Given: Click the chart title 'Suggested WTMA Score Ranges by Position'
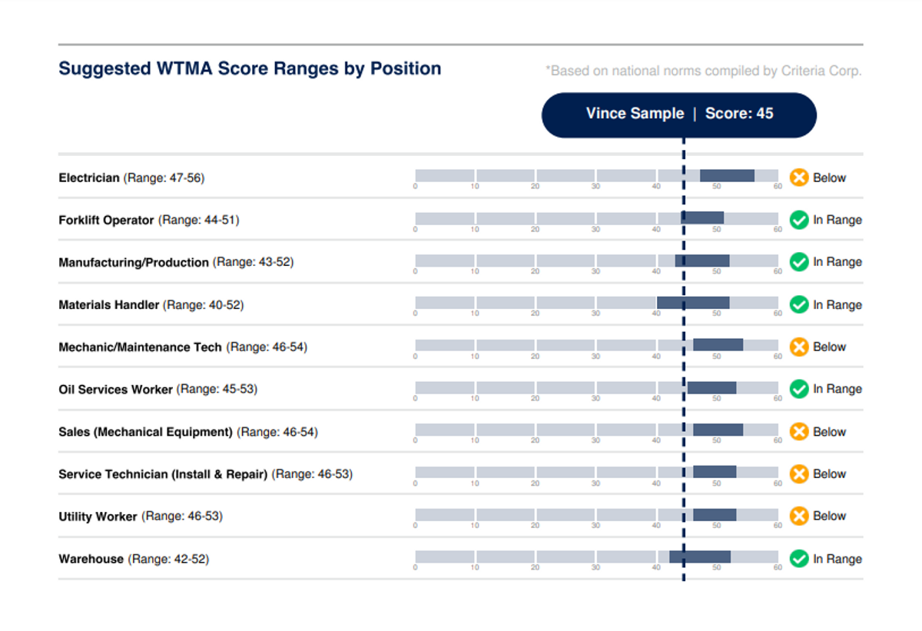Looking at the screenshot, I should click(250, 68).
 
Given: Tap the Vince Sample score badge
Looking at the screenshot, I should click(679, 115).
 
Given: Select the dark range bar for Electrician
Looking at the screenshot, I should click(727, 176).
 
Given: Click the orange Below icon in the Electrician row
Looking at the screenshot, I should click(799, 178).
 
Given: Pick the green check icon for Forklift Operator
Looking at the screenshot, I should click(799, 220).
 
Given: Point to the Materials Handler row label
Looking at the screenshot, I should click(109, 305).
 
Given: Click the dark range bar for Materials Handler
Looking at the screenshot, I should click(693, 303).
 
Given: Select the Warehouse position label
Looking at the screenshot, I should click(91, 559).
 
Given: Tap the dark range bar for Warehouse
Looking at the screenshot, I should click(700, 556).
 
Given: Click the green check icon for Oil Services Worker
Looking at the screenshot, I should click(799, 389).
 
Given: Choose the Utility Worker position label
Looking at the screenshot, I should click(98, 516).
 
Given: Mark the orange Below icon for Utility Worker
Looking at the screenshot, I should click(799, 516).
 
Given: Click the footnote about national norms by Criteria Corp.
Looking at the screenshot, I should click(703, 71).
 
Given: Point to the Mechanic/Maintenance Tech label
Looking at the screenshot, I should click(140, 347).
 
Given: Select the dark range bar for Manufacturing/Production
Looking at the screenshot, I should click(702, 261).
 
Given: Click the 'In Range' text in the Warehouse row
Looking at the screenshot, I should click(837, 559).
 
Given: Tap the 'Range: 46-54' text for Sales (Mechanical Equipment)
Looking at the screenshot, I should click(277, 432).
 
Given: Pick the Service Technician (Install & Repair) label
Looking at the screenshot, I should click(163, 474).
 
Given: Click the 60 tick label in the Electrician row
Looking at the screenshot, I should click(778, 187).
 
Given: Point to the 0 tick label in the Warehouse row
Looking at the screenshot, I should click(416, 568).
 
